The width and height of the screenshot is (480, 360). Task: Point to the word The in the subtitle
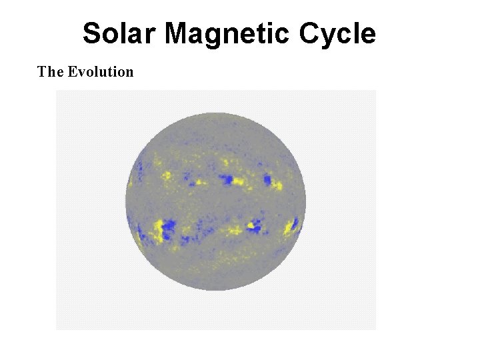point(50,71)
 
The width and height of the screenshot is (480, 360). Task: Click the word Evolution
point(101,71)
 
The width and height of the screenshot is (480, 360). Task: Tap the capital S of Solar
point(92,33)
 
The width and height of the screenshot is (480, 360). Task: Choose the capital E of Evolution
point(73,71)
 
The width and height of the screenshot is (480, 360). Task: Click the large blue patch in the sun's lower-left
point(167,229)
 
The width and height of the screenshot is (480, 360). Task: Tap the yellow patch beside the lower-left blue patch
point(158,230)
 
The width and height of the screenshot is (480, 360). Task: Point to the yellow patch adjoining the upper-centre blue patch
point(239,181)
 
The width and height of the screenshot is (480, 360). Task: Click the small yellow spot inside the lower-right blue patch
point(251,225)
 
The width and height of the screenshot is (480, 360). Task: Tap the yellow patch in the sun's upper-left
point(165,175)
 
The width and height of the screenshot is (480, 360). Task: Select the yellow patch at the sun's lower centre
point(235,231)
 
